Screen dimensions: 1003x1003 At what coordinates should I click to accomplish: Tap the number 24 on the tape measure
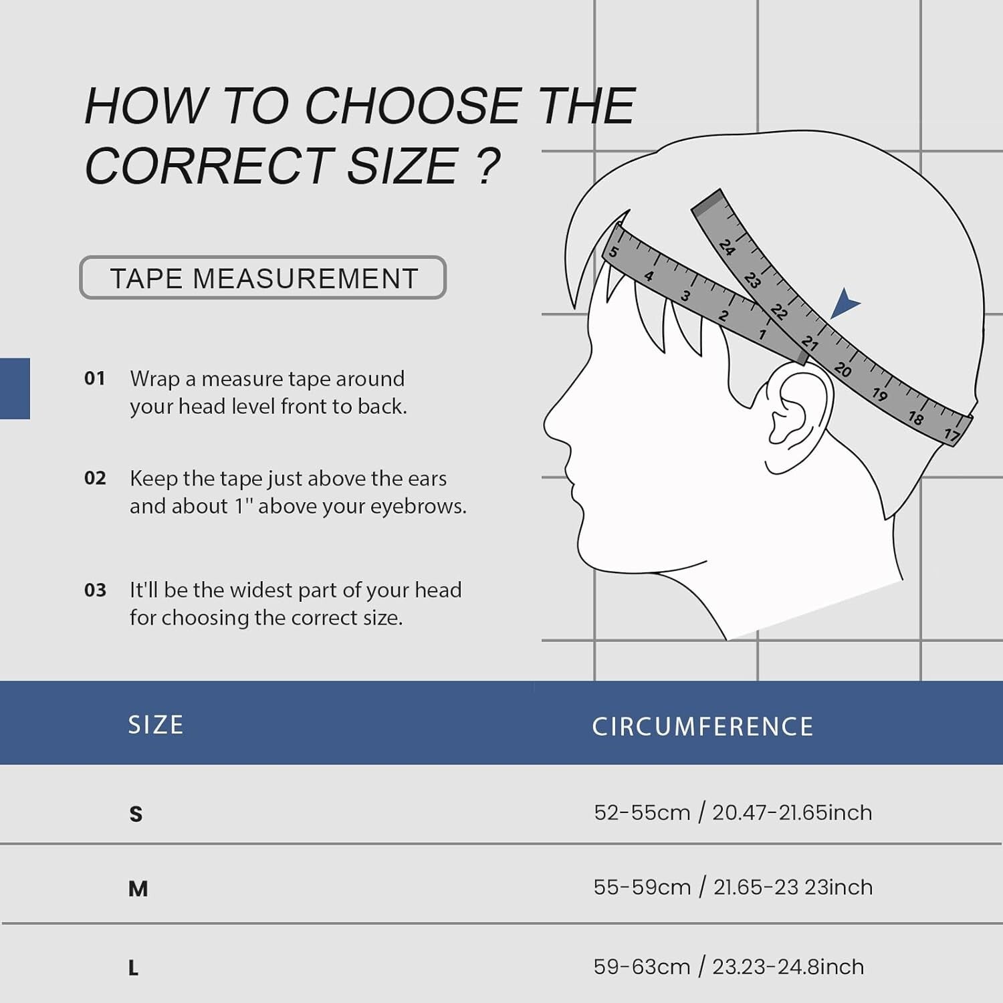point(728,247)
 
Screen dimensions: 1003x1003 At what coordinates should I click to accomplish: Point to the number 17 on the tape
point(952,435)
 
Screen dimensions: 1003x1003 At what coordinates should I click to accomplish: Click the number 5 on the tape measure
point(613,252)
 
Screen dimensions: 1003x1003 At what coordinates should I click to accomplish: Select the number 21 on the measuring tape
point(810,343)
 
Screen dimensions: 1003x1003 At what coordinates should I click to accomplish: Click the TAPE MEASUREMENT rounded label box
point(263,277)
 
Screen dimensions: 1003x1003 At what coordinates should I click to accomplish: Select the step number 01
point(95,378)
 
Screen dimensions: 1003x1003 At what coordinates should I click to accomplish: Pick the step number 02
point(95,478)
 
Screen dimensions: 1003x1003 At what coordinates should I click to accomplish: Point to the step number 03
point(95,590)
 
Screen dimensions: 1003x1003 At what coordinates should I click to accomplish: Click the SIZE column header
point(156,725)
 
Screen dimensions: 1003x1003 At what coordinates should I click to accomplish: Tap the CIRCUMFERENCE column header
point(703,727)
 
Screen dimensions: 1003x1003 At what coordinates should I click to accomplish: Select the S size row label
point(136,814)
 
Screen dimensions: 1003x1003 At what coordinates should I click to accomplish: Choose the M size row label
point(138,889)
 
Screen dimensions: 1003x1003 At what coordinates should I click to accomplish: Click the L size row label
point(133,968)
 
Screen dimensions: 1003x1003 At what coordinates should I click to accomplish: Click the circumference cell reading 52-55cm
point(733,812)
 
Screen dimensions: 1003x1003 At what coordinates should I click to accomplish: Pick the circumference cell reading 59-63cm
point(729,967)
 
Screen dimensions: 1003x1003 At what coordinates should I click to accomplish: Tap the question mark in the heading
point(489,166)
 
